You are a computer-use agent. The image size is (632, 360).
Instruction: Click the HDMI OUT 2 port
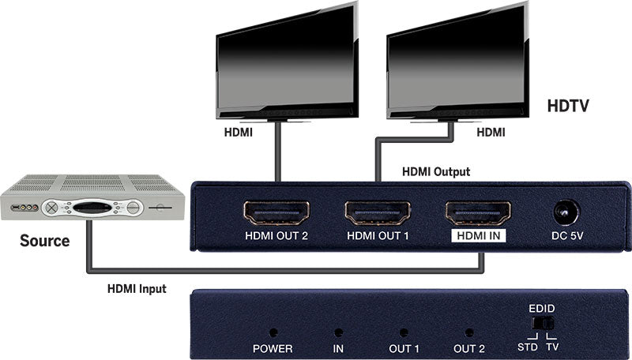coord(276,212)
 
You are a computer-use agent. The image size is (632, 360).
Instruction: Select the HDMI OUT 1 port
coord(377,212)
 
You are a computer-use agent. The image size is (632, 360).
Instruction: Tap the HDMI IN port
coord(478,212)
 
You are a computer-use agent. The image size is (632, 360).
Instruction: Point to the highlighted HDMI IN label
coord(478,234)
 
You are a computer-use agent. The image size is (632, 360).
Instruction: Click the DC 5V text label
coord(566,234)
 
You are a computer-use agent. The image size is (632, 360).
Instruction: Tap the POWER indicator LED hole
coord(273,334)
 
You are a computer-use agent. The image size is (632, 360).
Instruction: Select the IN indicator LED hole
coord(338,334)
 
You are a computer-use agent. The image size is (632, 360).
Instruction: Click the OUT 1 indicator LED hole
coord(404,334)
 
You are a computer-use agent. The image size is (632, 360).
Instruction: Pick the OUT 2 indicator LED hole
coord(469,334)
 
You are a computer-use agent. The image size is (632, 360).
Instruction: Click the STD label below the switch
coord(527,347)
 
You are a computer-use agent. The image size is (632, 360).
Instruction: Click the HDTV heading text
coord(569,105)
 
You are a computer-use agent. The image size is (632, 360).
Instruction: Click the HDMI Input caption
coord(137,289)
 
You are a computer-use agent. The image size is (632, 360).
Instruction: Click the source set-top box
coord(92,198)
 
